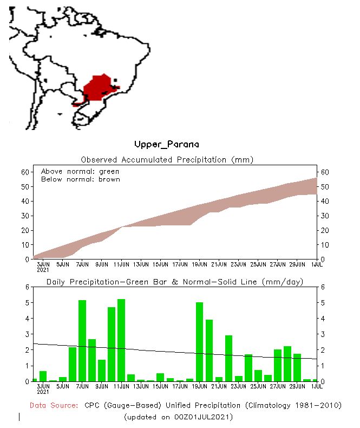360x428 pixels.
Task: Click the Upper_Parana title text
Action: pyautogui.click(x=167, y=145)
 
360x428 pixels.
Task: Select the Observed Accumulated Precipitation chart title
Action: pyautogui.click(x=167, y=160)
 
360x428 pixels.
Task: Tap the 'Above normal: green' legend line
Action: pyautogui.click(x=80, y=171)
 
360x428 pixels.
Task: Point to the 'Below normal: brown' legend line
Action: pyautogui.click(x=80, y=179)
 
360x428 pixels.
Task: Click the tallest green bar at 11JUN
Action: pyautogui.click(x=121, y=340)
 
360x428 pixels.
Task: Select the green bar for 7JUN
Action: pyautogui.click(x=82, y=341)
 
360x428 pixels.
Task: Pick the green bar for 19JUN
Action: pyautogui.click(x=199, y=342)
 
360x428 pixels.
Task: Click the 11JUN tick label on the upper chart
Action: pyautogui.click(x=121, y=264)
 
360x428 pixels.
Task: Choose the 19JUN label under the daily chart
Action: pyautogui.click(x=199, y=386)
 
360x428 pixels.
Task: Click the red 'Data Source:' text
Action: pyautogui.click(x=54, y=405)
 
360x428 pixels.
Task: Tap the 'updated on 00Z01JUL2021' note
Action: pyautogui.click(x=179, y=417)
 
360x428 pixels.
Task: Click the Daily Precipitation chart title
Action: pyautogui.click(x=174, y=282)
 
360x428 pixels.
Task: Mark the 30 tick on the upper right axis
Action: pyautogui.click(x=325, y=216)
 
